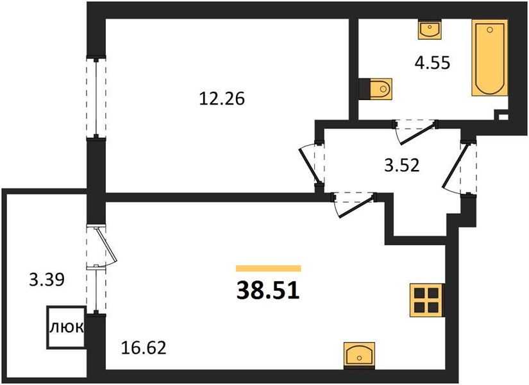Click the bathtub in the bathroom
pyautogui.click(x=489, y=58)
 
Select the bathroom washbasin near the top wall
pyautogui.click(x=429, y=30)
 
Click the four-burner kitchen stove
pyautogui.click(x=427, y=300)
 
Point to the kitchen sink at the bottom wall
pyautogui.click(x=359, y=355)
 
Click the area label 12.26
pyautogui.click(x=222, y=99)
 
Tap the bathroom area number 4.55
pyautogui.click(x=432, y=63)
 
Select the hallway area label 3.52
pyautogui.click(x=402, y=166)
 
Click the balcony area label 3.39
pyautogui.click(x=47, y=280)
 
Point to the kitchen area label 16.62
pyautogui.click(x=144, y=348)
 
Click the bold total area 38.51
pyautogui.click(x=268, y=291)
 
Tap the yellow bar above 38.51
pyautogui.click(x=268, y=268)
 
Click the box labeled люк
pyautogui.click(x=66, y=327)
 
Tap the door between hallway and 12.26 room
pyautogui.click(x=308, y=165)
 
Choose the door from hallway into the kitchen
pyautogui.click(x=357, y=207)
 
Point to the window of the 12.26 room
pyautogui.click(x=96, y=98)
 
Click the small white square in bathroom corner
pyautogui.click(x=503, y=117)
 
